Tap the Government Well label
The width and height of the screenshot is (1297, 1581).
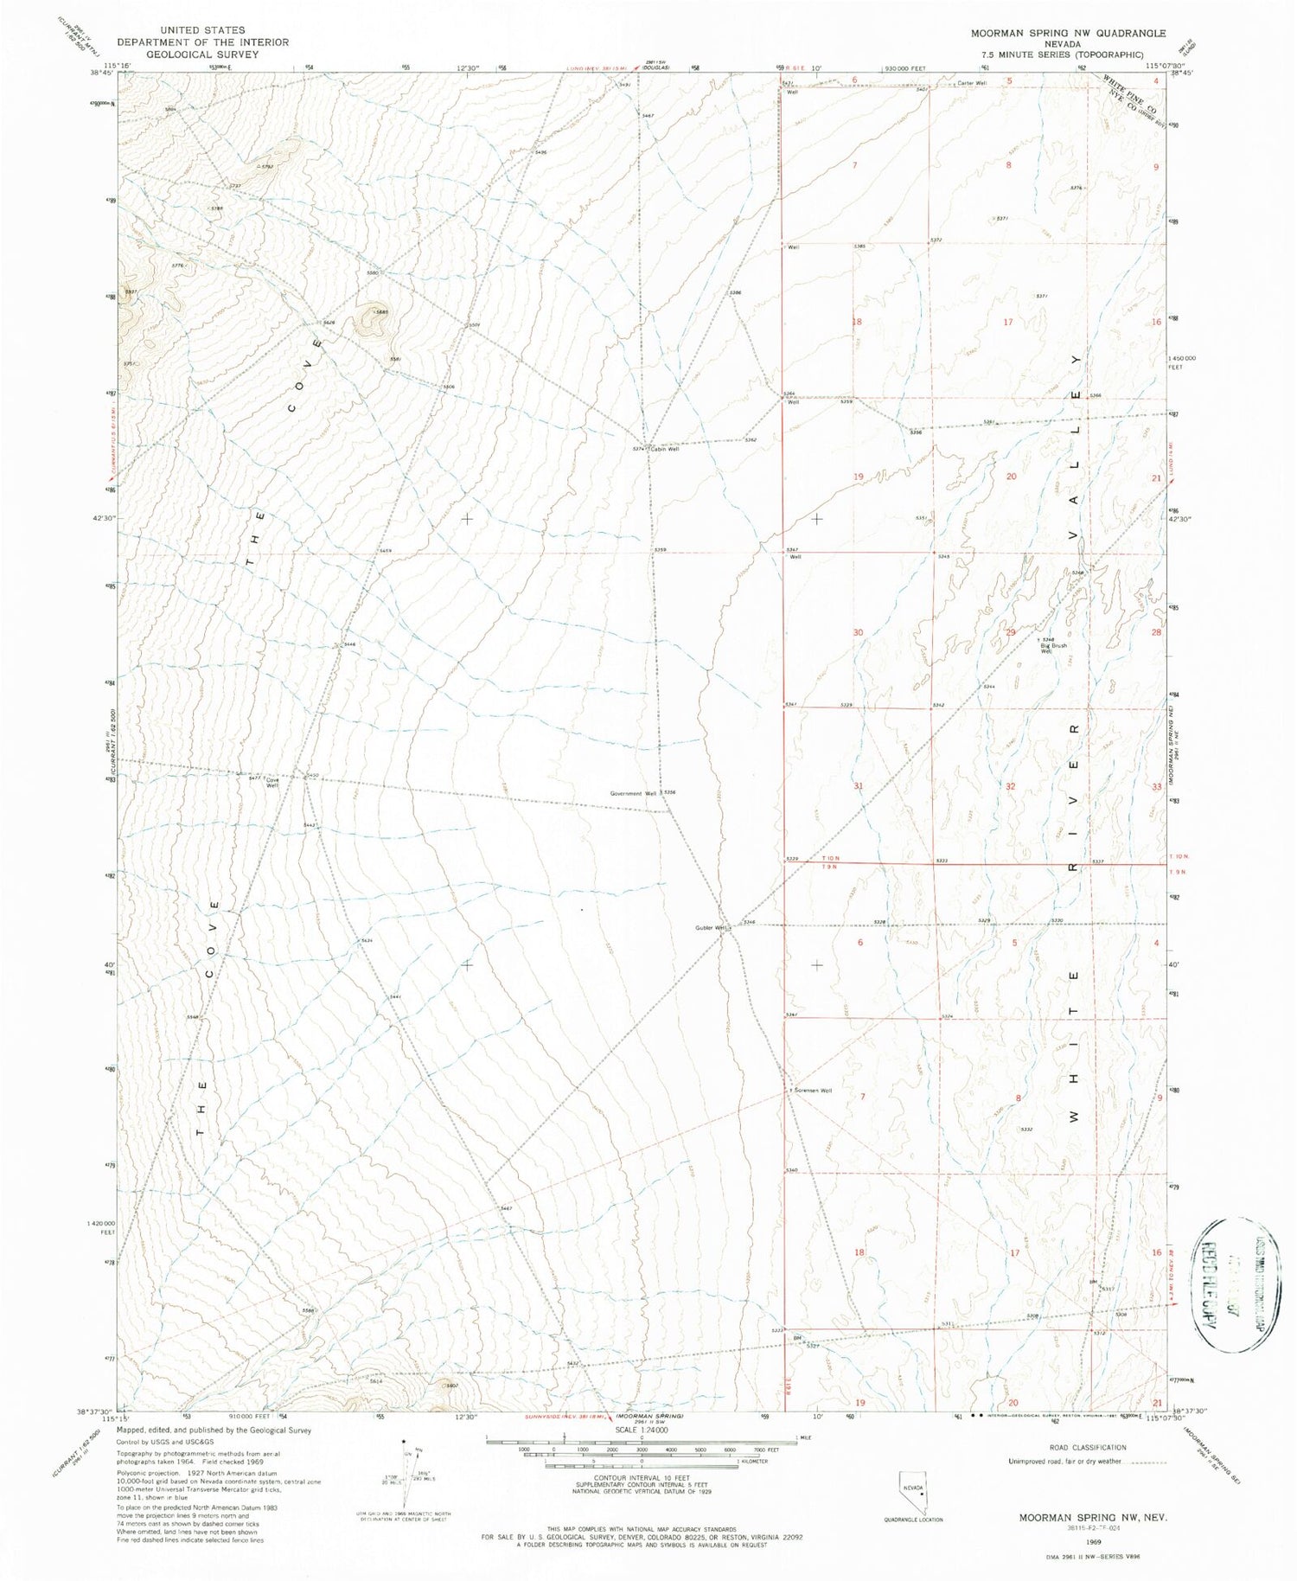pyautogui.click(x=633, y=793)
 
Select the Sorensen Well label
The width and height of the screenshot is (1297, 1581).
pyautogui.click(x=814, y=1091)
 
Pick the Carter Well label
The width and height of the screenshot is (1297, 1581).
pyautogui.click(x=971, y=84)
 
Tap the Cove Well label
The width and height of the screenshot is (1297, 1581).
pyautogui.click(x=272, y=782)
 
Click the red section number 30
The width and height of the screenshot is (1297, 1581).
pyautogui.click(x=858, y=632)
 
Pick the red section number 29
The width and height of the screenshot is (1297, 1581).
pyautogui.click(x=1011, y=632)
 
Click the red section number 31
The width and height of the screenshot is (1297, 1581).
pyautogui.click(x=858, y=785)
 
